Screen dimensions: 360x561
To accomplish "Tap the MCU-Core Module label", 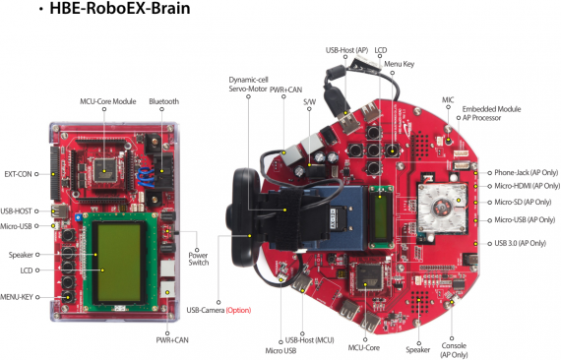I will click(108, 101).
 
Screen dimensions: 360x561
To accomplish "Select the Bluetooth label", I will click(164, 101).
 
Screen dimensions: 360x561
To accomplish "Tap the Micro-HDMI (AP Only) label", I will click(527, 185).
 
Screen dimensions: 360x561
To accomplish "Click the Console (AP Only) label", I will click(454, 346).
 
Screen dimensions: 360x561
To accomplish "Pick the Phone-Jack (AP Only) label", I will click(526, 169).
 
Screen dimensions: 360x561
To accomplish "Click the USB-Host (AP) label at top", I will click(346, 48).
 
